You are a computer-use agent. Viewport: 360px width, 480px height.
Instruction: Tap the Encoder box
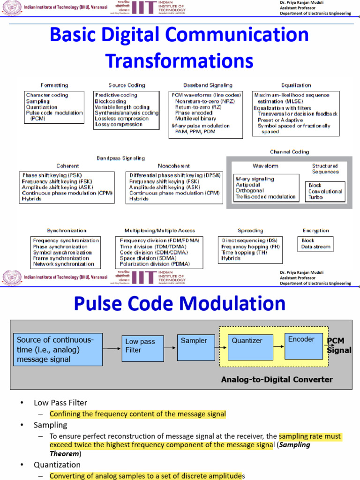click(304, 346)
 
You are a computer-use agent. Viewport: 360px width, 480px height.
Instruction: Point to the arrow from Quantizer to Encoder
click(279, 347)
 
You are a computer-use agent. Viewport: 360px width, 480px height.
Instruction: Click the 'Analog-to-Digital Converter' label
click(277, 380)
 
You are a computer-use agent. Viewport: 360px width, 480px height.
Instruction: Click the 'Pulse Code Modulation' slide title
click(180, 303)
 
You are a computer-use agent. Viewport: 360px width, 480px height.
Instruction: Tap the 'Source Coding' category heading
click(127, 85)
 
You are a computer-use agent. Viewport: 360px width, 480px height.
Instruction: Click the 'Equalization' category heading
click(296, 85)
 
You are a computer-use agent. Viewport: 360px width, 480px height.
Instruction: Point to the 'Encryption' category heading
click(316, 231)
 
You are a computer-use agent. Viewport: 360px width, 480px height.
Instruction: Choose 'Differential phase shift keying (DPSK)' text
click(175, 175)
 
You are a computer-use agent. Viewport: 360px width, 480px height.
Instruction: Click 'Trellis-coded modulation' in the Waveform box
click(266, 197)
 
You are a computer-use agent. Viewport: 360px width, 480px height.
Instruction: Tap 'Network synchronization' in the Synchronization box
click(63, 264)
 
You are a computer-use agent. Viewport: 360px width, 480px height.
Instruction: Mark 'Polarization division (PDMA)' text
click(155, 264)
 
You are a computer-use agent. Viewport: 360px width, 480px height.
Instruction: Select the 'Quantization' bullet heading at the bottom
click(57, 465)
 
